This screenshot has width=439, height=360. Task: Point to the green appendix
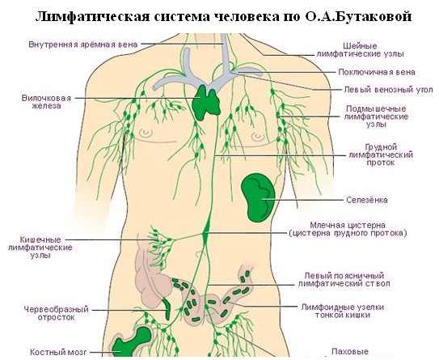pyautogui.click(x=167, y=309)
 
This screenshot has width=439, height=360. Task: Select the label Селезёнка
pyautogui.click(x=367, y=200)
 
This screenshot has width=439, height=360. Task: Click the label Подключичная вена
pyautogui.click(x=377, y=72)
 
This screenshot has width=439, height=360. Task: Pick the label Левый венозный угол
pyautogui.click(x=388, y=90)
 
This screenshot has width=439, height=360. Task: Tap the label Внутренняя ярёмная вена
pyautogui.click(x=83, y=44)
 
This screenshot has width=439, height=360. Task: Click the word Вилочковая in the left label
pyautogui.click(x=46, y=98)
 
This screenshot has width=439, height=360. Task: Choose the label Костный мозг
pyautogui.click(x=58, y=352)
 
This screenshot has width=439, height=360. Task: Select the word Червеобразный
pyautogui.click(x=57, y=309)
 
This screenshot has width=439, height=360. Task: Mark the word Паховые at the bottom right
pyautogui.click(x=350, y=351)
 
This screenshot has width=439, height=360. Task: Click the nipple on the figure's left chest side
pyautogui.click(x=146, y=133)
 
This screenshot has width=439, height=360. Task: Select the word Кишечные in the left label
pyautogui.click(x=40, y=239)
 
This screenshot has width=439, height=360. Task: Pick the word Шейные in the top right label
pyautogui.click(x=360, y=45)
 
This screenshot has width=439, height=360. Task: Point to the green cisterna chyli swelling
pyautogui.click(x=206, y=229)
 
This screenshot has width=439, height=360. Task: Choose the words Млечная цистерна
pyautogui.click(x=348, y=225)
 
